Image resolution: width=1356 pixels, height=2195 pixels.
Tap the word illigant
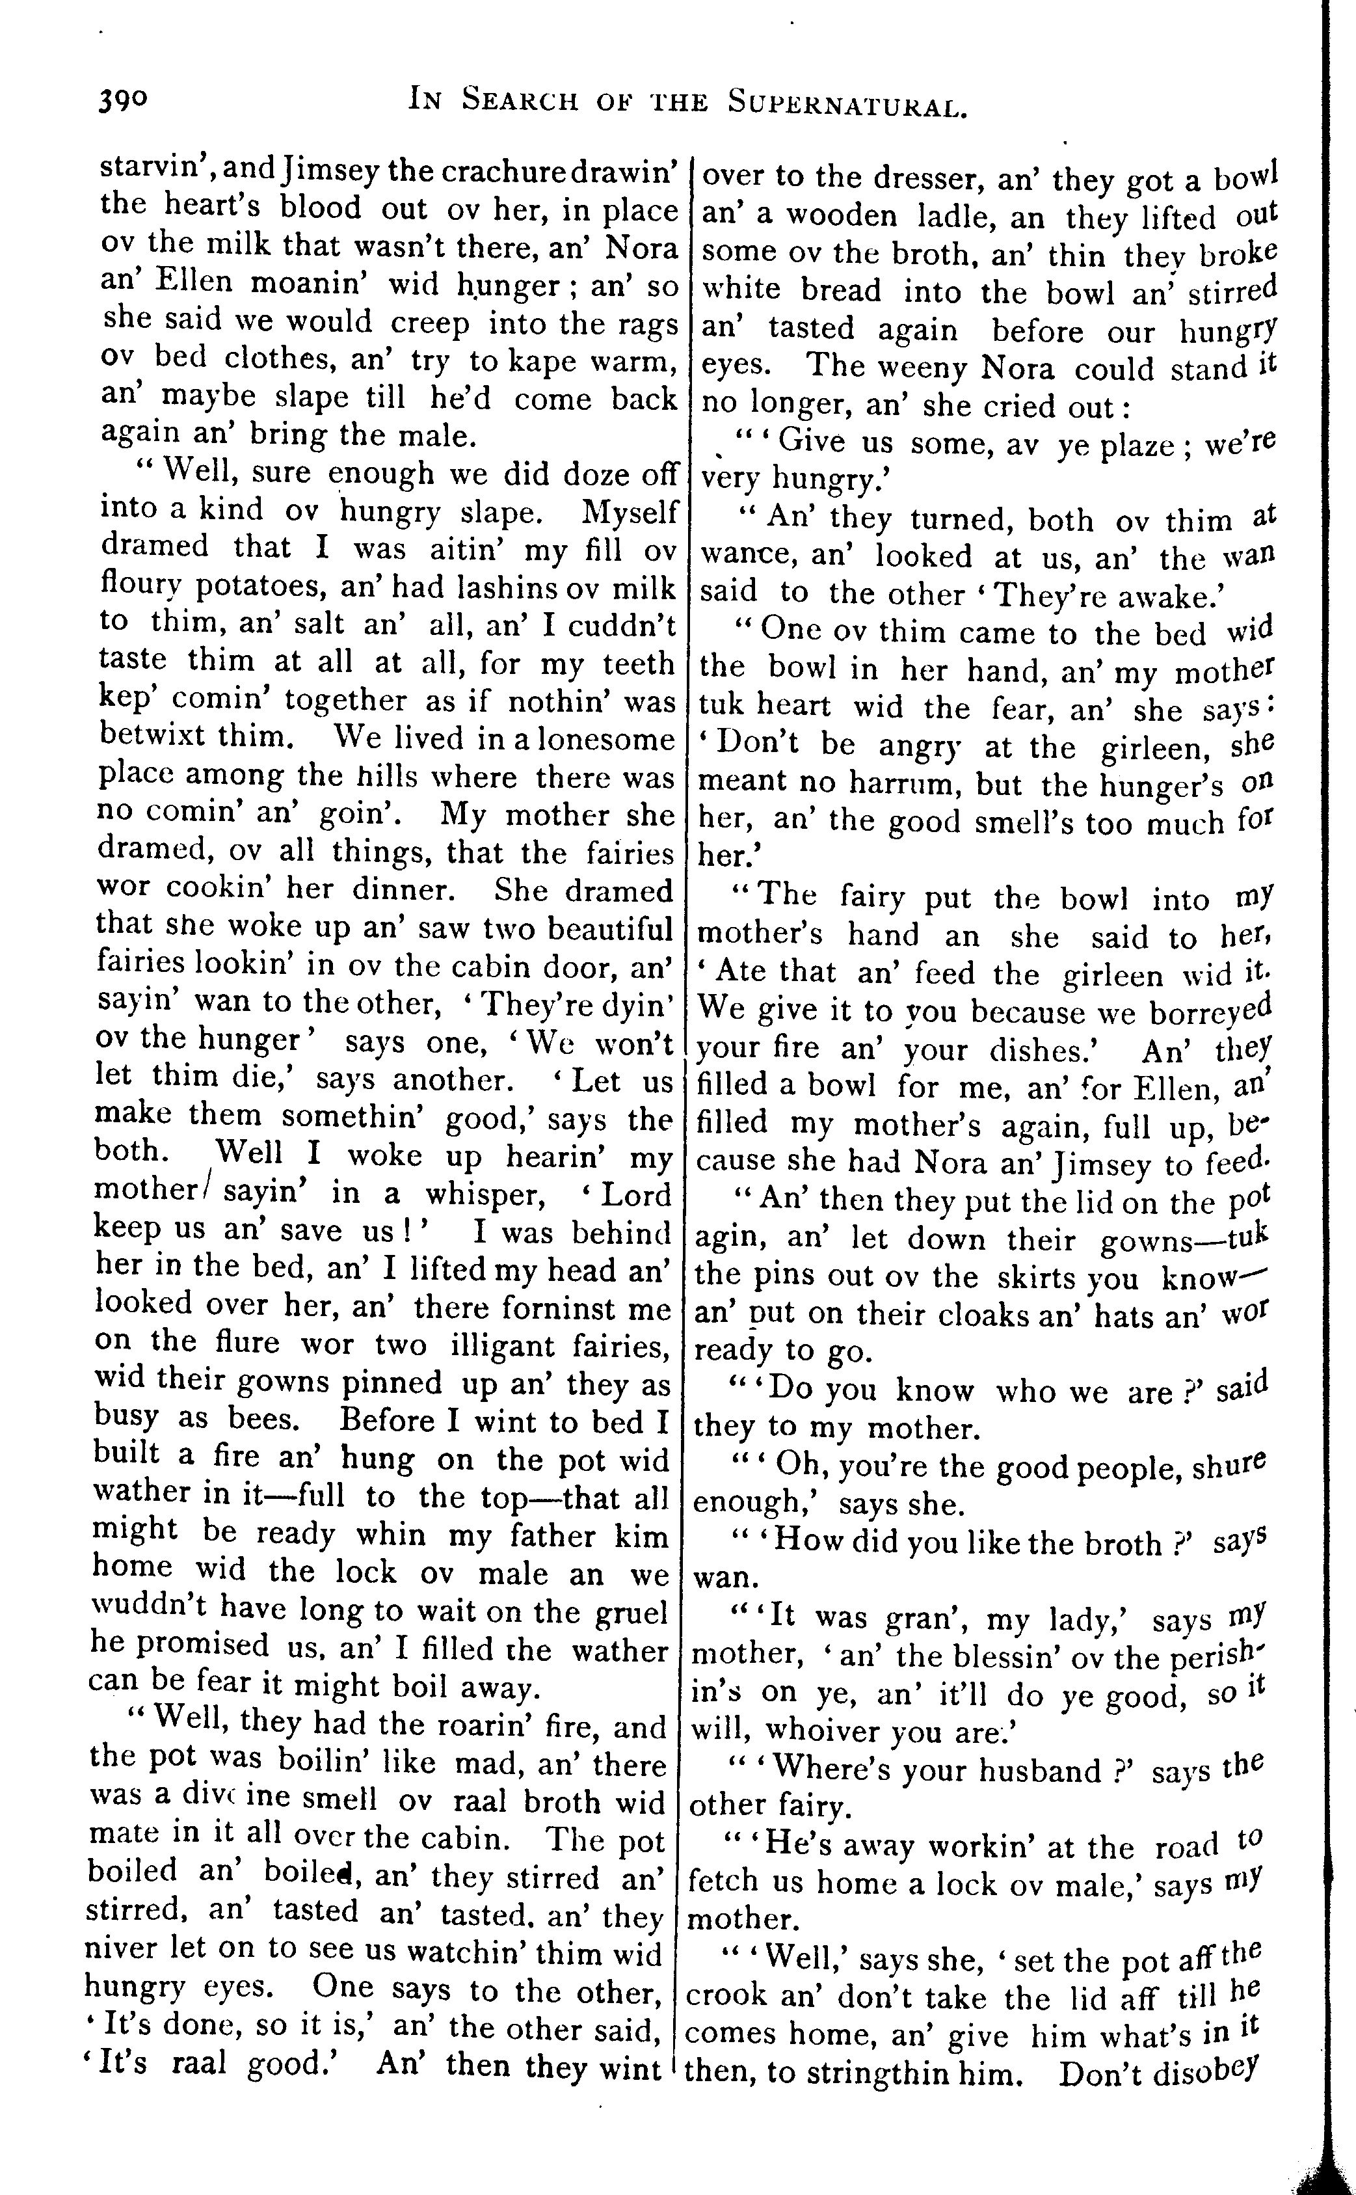coord(499,1347)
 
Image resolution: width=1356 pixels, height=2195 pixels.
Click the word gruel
coord(631,1613)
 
